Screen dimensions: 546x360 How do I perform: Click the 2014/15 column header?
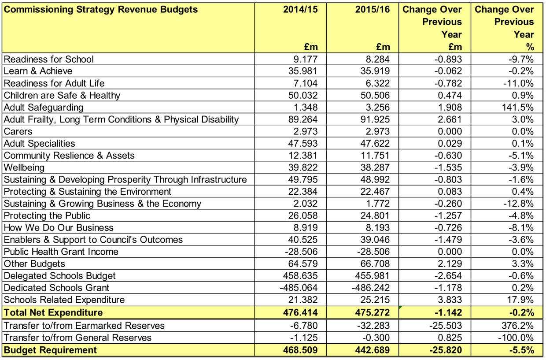pos(300,10)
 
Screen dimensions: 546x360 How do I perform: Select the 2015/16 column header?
pos(373,10)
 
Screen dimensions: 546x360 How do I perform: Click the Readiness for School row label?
pos(49,59)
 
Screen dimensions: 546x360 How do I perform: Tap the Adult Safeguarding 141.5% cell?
pos(518,108)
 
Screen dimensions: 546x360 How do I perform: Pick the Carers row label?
pos(18,131)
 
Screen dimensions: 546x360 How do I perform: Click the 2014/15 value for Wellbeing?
pos(303,167)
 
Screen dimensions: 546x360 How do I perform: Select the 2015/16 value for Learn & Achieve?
pos(375,71)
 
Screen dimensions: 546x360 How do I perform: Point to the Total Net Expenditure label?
pos(53,312)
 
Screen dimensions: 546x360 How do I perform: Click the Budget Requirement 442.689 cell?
pos(373,350)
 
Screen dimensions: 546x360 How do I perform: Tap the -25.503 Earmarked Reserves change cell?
pos(446,326)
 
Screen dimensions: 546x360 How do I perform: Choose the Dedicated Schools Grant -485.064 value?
pos(299,288)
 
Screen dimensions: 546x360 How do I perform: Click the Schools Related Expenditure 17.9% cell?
pos(520,300)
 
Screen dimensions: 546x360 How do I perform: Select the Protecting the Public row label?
pos(47,215)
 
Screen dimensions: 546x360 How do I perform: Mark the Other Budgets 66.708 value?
pos(375,264)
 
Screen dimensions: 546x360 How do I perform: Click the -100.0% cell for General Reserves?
pos(516,338)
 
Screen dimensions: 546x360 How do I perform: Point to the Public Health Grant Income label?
pos(61,252)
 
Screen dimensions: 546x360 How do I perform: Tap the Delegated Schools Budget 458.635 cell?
pos(300,276)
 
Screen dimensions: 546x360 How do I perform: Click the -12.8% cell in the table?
pos(518,204)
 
